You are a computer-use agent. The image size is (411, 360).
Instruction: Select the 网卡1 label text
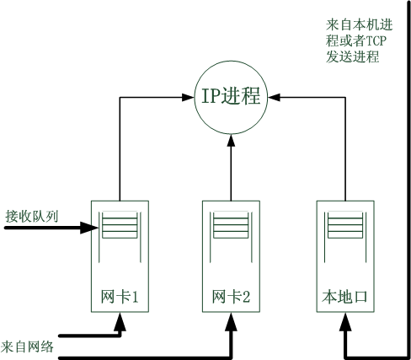tap(120, 297)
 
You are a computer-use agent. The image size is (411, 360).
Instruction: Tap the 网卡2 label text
tap(231, 297)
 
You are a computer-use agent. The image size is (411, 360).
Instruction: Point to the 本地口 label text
tap(345, 297)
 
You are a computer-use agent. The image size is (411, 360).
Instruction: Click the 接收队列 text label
tap(32, 217)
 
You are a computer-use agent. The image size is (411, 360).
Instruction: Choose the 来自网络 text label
tap(27, 347)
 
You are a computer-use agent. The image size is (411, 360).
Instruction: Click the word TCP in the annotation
tap(376, 41)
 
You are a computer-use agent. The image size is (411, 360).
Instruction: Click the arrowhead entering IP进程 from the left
tap(188, 98)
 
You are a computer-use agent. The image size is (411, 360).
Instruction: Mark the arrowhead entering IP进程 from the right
tap(274, 98)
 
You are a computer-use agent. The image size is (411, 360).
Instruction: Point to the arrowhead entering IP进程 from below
tap(231, 140)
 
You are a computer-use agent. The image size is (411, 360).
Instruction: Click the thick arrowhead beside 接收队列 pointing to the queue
tap(89, 228)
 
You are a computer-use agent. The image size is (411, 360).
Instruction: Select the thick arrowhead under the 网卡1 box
tap(120, 322)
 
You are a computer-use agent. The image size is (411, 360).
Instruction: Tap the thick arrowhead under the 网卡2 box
tap(231, 322)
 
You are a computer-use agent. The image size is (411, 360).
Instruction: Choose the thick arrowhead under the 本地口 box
tap(345, 322)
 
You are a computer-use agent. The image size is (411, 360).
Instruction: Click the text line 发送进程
tap(353, 57)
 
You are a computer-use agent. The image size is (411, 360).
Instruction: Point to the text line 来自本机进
tap(359, 24)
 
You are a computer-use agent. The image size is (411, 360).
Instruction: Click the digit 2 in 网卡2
tap(246, 297)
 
